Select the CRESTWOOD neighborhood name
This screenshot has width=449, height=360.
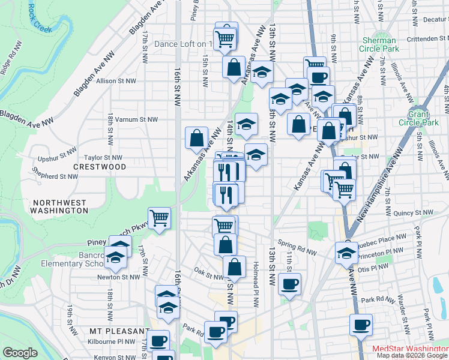coord(100,166)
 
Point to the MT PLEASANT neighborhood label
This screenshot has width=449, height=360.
coord(119,331)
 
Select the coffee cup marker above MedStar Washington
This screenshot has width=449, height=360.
coord(361,325)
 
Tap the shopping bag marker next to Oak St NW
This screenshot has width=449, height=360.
coord(235,267)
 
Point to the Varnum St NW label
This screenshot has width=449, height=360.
coord(136,119)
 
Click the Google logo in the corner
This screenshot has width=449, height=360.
coord(20,353)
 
